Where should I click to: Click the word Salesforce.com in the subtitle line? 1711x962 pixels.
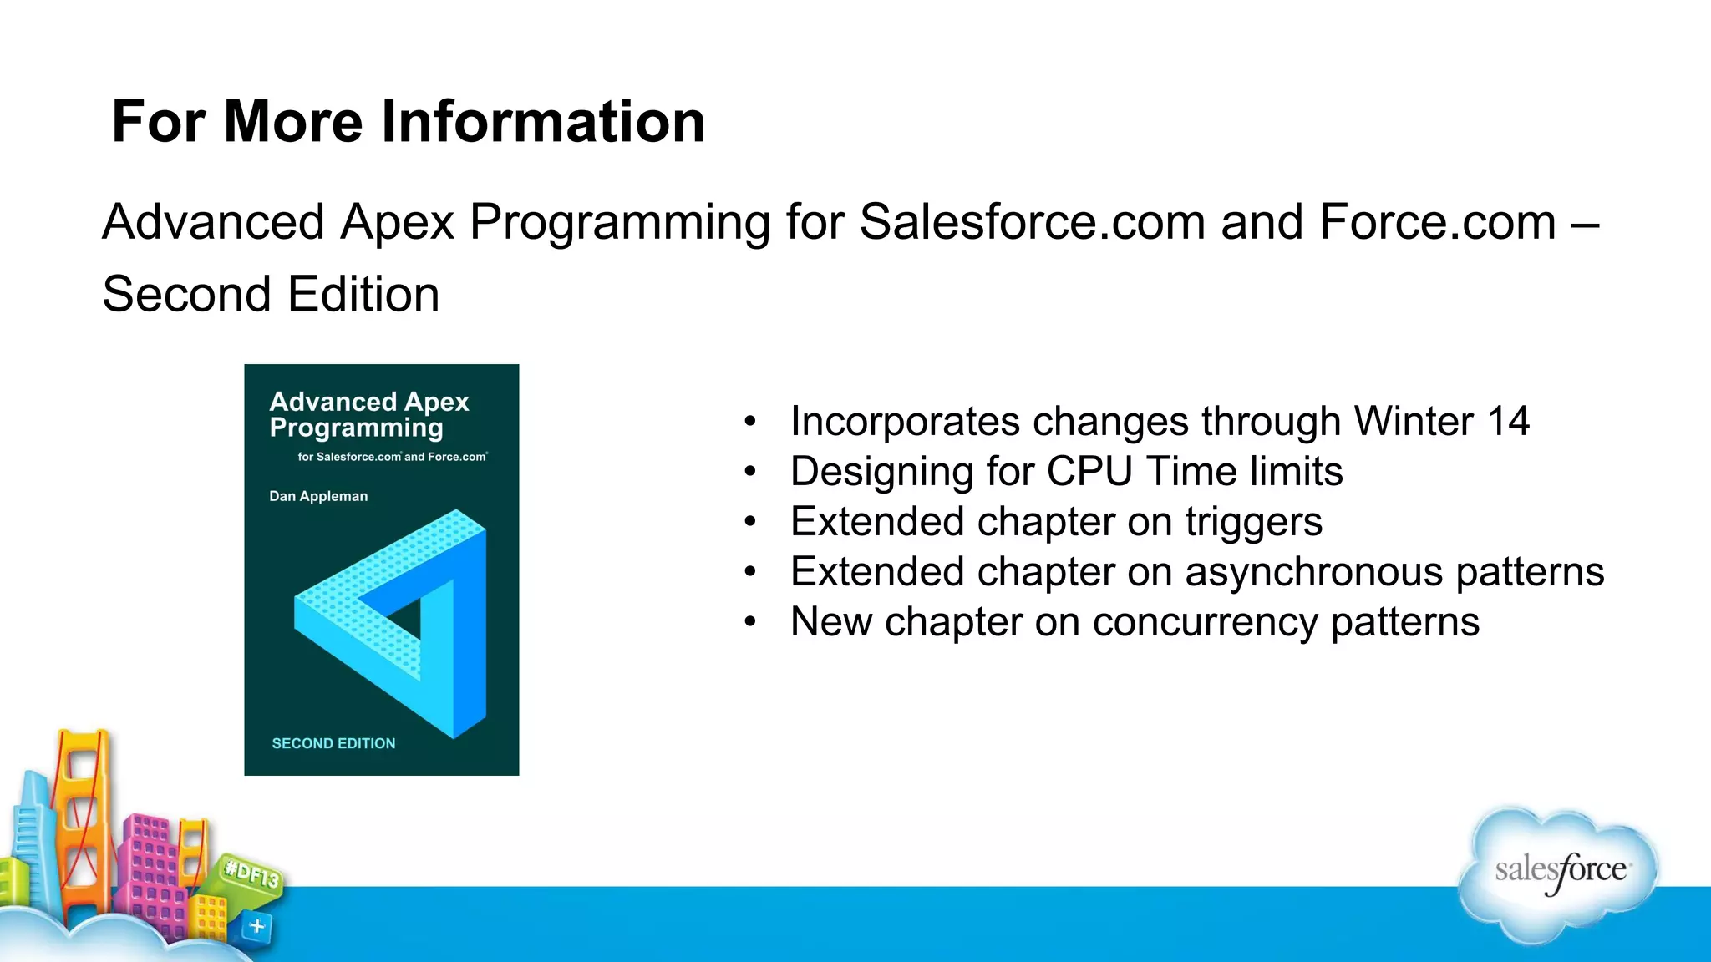[x=1032, y=223]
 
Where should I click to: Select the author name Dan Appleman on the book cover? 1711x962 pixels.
[x=318, y=496]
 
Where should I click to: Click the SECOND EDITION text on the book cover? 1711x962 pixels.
[x=333, y=743]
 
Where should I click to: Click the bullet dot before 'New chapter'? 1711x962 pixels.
[x=750, y=622]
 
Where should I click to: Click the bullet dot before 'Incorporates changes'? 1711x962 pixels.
[x=750, y=422]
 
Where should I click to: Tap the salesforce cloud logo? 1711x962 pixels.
[x=1559, y=873]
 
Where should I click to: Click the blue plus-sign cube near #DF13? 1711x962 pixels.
[x=257, y=926]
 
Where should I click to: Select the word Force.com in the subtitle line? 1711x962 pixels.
[x=1437, y=223]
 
